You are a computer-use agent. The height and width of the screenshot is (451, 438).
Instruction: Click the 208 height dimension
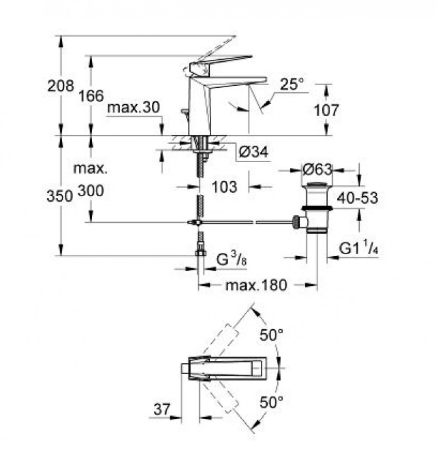61,86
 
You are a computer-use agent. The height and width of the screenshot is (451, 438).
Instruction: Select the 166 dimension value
91,95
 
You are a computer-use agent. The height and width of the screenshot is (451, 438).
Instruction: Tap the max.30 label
133,108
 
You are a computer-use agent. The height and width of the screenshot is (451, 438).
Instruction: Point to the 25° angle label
292,85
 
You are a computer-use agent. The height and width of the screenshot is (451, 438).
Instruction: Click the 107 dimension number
327,110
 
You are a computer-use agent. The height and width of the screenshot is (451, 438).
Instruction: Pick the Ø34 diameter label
254,152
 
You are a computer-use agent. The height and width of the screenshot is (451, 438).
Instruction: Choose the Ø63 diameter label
317,169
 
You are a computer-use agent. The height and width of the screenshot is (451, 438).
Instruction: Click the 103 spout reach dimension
224,187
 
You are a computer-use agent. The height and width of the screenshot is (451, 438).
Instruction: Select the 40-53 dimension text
358,198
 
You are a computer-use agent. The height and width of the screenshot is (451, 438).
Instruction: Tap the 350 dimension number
59,196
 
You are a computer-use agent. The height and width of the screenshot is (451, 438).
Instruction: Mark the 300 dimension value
91,191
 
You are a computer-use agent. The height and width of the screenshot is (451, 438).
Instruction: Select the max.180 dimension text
256,285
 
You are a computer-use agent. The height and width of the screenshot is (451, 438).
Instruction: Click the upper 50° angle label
272,335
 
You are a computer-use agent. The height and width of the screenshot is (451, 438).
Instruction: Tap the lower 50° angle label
272,402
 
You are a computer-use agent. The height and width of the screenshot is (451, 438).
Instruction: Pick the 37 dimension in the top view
162,409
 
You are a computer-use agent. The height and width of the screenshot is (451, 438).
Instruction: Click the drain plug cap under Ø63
316,185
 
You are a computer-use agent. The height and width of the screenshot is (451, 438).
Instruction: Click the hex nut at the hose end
201,253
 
